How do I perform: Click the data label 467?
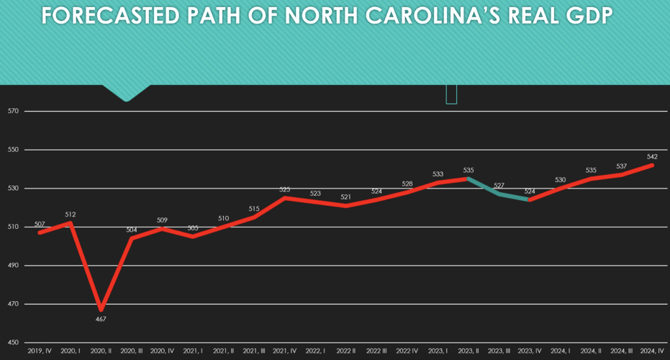click(x=101, y=318)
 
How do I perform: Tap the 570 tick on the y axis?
click(x=13, y=112)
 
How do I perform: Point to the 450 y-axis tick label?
click(x=13, y=343)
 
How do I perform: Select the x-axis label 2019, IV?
click(x=40, y=351)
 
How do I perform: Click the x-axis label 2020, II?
click(x=101, y=351)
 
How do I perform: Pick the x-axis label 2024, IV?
click(x=652, y=351)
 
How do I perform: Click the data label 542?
click(x=652, y=156)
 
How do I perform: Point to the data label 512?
click(x=71, y=215)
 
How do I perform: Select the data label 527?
click(x=499, y=186)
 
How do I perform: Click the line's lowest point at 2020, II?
click(x=101, y=310)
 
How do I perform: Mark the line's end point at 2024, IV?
click(x=652, y=165)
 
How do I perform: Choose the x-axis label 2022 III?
click(x=376, y=351)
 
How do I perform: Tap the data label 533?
click(x=438, y=174)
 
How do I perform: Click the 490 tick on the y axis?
click(x=13, y=266)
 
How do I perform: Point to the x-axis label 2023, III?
click(x=499, y=351)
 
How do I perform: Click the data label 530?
click(x=561, y=180)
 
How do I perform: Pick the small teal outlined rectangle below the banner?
click(x=451, y=94)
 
